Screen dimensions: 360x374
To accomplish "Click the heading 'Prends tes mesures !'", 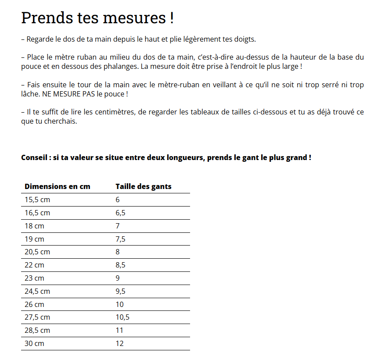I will coord(97,18).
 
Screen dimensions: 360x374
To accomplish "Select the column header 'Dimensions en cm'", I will coord(58,186).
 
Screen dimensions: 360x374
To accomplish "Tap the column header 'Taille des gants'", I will coord(143,186).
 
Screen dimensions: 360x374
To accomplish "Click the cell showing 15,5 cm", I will coord(37,200).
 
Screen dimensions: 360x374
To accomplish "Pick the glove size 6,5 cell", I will coord(120,213).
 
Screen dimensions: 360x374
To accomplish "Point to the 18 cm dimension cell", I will coord(34,226).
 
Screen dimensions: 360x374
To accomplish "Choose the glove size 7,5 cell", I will coord(120,239).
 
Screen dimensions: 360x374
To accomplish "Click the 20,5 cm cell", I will coord(37,252).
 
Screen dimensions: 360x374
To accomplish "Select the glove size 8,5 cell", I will coord(120,265).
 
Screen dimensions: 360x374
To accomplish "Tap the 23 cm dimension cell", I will coord(34,278).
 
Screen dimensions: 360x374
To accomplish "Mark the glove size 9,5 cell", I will coord(120,291).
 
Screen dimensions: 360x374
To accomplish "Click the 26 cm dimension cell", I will coord(34,304).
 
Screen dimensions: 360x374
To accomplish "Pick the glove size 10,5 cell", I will coord(122,317).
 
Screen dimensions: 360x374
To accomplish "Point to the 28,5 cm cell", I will coord(37,330).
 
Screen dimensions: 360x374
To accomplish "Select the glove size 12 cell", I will coord(119,343).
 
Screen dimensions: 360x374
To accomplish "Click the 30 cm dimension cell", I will coord(34,343).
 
